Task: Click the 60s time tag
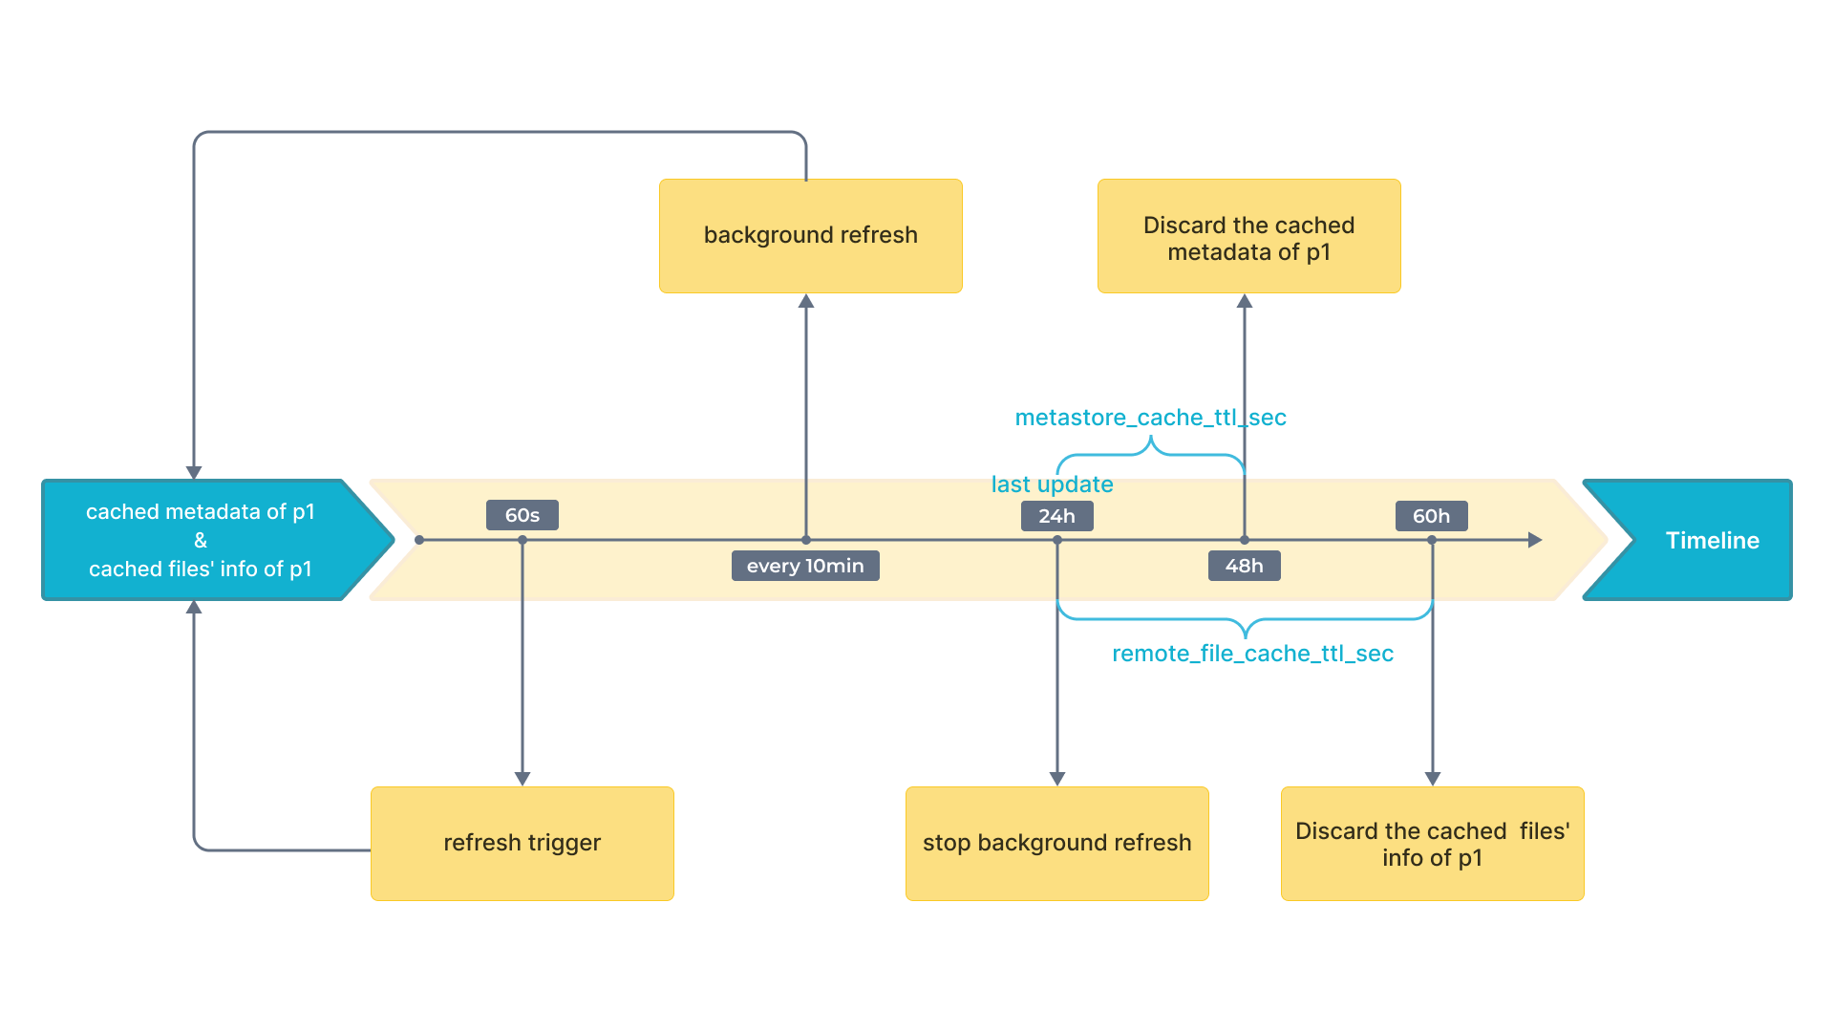tap(522, 515)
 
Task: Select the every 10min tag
tap(805, 566)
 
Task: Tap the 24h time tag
tap(1056, 516)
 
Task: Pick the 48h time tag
tap(1244, 566)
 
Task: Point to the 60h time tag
tap(1431, 516)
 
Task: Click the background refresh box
tap(810, 235)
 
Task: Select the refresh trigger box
tap(522, 843)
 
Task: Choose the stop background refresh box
tap(1056, 843)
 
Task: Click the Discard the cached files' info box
tap(1432, 843)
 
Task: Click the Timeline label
tap(1712, 540)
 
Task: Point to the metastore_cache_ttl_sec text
tap(1150, 418)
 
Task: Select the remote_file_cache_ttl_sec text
tap(1252, 654)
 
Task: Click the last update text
tap(1052, 484)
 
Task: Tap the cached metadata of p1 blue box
tap(201, 540)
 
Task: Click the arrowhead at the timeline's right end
tap(1535, 540)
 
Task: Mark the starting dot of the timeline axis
tap(419, 540)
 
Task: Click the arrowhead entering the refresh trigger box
tap(522, 779)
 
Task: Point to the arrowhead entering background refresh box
tap(806, 301)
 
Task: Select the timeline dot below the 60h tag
tap(1432, 540)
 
